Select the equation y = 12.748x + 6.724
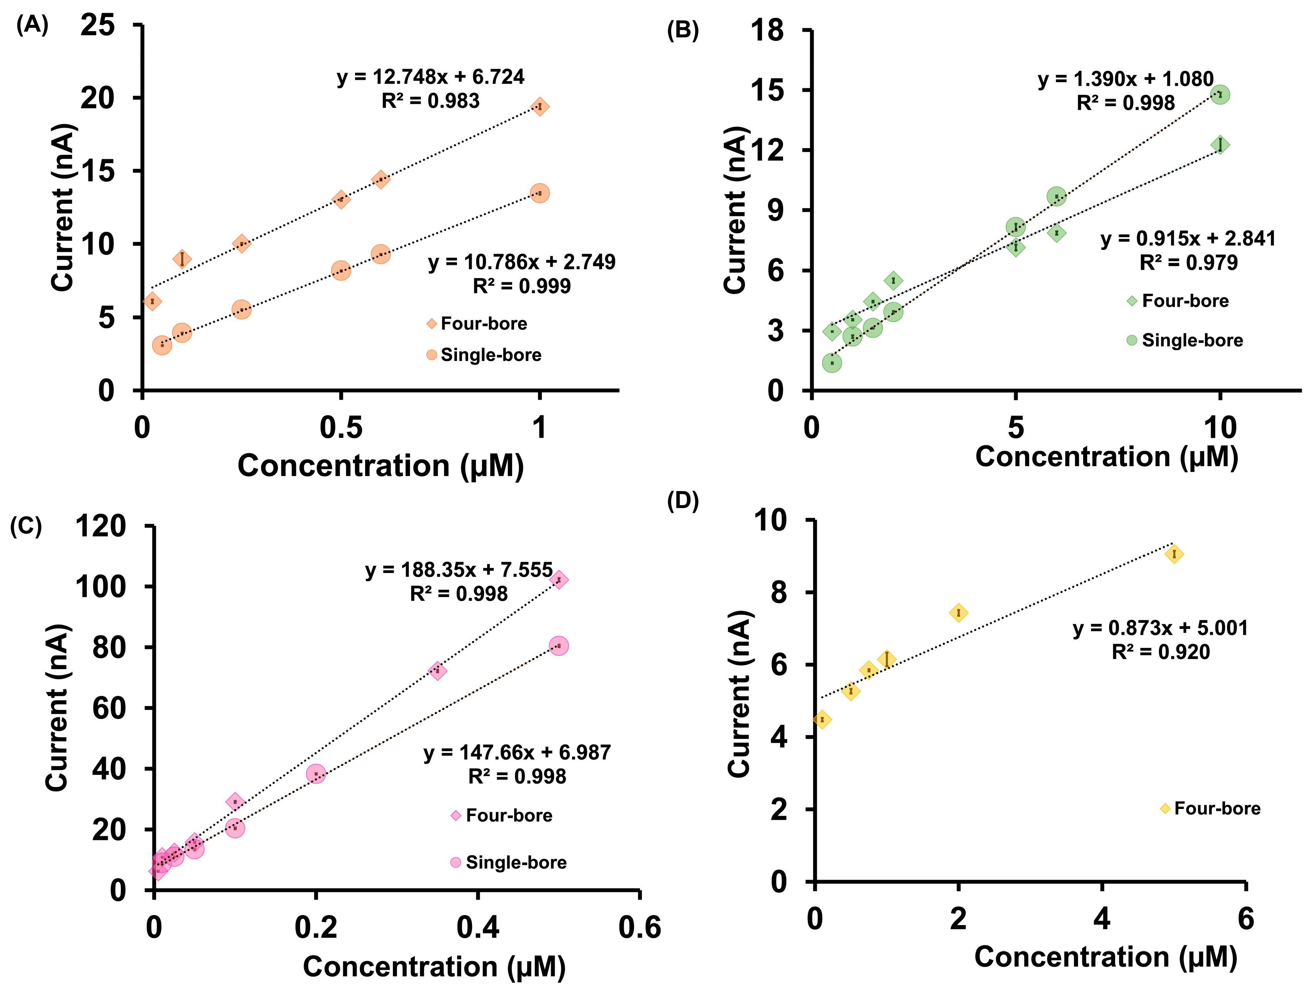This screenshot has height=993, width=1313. coord(430,77)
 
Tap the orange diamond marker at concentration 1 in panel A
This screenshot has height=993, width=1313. coord(539,107)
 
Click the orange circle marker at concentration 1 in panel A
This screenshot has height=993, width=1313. coord(539,193)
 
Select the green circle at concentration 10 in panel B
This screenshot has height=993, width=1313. coord(1220,95)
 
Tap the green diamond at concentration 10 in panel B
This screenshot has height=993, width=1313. coord(1220,145)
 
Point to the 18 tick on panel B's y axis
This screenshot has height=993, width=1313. coord(768,30)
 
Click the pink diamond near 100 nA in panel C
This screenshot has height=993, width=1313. coord(558,580)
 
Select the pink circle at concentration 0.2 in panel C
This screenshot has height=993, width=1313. coord(316,774)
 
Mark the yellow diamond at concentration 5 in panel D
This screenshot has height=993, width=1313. coord(1174,555)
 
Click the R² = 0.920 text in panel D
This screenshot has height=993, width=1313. coord(1161,652)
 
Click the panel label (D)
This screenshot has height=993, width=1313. coord(683,501)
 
